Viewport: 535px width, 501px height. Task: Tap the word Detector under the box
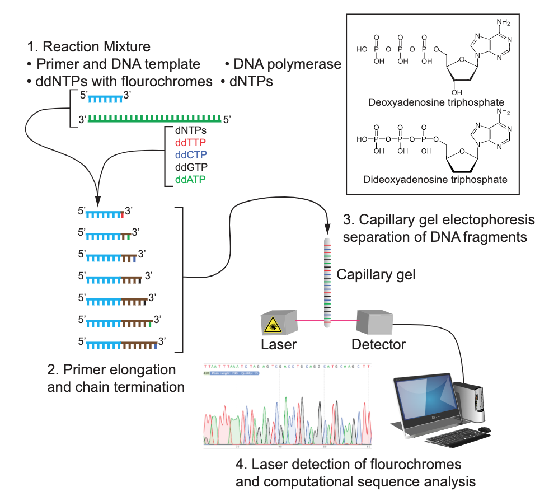tap(378, 344)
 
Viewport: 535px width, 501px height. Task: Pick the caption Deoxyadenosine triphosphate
tap(437, 102)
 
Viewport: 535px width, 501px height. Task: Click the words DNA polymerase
tap(288, 64)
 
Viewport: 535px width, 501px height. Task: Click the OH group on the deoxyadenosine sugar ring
tap(457, 92)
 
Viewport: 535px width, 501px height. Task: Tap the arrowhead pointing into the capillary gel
tap(326, 230)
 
